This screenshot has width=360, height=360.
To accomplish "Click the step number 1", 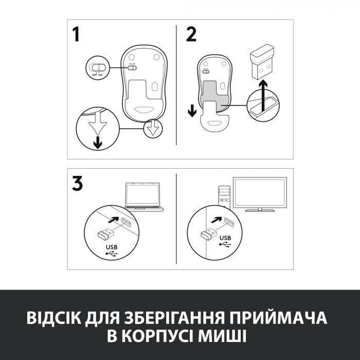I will (76, 35).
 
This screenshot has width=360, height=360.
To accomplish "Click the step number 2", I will (191, 35).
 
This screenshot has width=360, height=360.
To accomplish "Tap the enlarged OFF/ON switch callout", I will (97, 68).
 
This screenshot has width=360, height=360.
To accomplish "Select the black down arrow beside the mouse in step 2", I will (192, 110).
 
